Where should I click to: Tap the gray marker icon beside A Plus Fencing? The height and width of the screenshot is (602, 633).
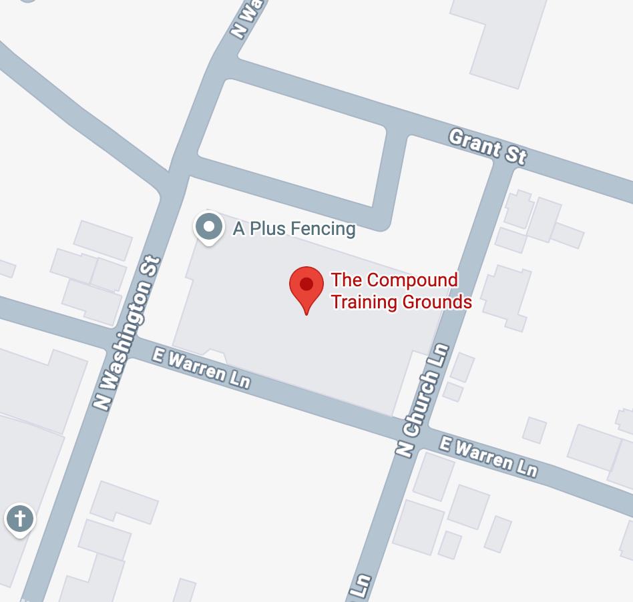point(209,227)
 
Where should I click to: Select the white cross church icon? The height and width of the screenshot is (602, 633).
point(20,519)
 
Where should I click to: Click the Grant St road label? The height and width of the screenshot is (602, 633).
point(487,147)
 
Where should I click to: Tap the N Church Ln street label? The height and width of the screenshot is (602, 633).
point(424,399)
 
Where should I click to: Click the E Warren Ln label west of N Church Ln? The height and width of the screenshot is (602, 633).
point(201,368)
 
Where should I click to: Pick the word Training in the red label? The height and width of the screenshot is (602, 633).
point(363,302)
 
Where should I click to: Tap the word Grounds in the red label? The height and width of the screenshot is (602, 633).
point(437,302)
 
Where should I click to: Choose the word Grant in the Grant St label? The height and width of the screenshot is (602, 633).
point(473,141)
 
